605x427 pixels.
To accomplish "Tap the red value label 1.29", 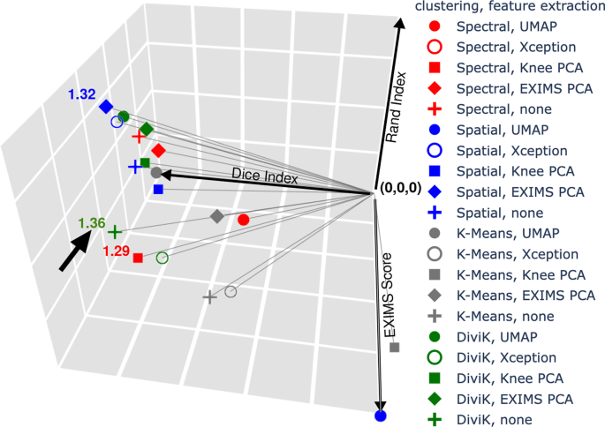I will click(117, 251).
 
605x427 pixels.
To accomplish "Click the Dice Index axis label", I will click(264, 176).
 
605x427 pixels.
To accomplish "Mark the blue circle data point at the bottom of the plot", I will click(381, 416).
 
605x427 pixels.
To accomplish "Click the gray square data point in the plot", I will click(395, 348).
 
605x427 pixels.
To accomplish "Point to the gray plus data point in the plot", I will click(209, 298).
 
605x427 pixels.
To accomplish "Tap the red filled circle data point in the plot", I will click(244, 219).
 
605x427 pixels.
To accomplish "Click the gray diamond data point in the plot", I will click(216, 216).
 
